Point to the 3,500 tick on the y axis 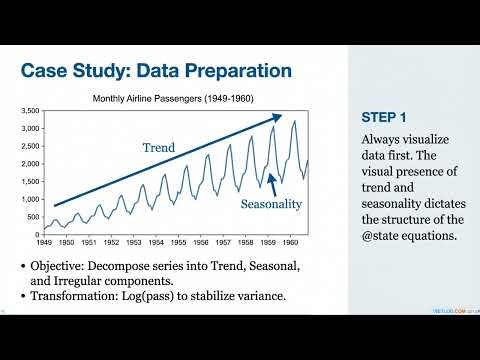click(27, 112)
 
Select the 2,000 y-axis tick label click(27, 163)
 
